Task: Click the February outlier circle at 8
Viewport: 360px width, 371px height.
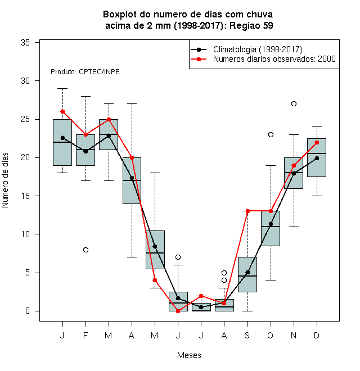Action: tap(85, 250)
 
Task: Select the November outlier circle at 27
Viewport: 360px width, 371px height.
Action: tap(294, 103)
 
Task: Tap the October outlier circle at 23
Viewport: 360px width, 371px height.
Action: tap(271, 135)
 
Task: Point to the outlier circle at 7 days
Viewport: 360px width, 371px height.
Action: tap(178, 257)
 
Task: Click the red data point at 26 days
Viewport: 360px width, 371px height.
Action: tap(62, 111)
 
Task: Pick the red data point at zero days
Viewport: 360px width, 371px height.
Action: tap(178, 311)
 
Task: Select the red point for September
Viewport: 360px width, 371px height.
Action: tap(247, 211)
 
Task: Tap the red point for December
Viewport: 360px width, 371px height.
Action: tap(317, 142)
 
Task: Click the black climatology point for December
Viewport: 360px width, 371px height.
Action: tap(317, 158)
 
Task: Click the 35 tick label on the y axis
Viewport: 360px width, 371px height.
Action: tap(25, 43)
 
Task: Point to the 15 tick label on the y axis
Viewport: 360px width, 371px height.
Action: tap(25, 196)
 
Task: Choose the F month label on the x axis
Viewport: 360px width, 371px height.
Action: tap(85, 335)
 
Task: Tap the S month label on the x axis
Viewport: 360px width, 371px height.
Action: tap(247, 335)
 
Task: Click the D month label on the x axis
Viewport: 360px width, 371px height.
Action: tap(317, 335)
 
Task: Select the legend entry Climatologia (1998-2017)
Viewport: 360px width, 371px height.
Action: tap(258, 49)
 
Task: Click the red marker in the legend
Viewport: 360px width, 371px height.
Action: tap(199, 59)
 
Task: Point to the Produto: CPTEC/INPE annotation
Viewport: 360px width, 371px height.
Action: tap(85, 72)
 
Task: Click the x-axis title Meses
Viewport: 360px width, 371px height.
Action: tap(189, 355)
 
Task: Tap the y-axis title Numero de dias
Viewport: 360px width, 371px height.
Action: tap(5, 180)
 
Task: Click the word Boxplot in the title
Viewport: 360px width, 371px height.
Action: tap(120, 15)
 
